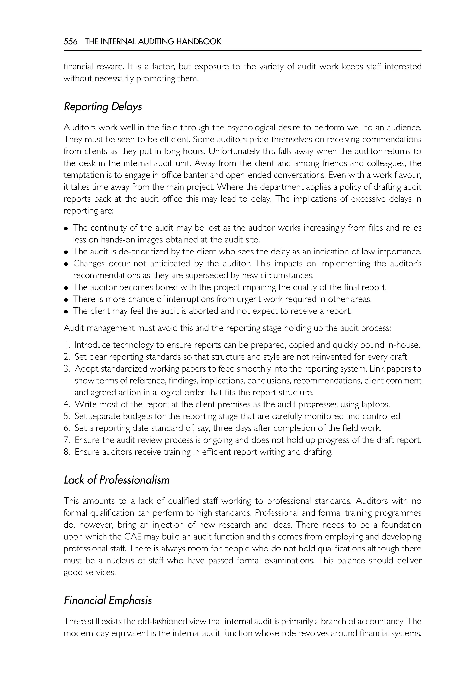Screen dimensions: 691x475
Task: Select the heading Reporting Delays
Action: point(103,106)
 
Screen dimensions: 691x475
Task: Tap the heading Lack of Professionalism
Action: point(116,480)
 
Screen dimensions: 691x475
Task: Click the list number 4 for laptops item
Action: point(66,404)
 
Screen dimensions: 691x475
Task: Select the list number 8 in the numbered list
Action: point(66,452)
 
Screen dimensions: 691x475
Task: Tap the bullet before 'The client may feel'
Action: point(66,312)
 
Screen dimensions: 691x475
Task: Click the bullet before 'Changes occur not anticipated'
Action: point(66,264)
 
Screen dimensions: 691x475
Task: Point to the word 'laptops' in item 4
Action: point(375,404)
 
